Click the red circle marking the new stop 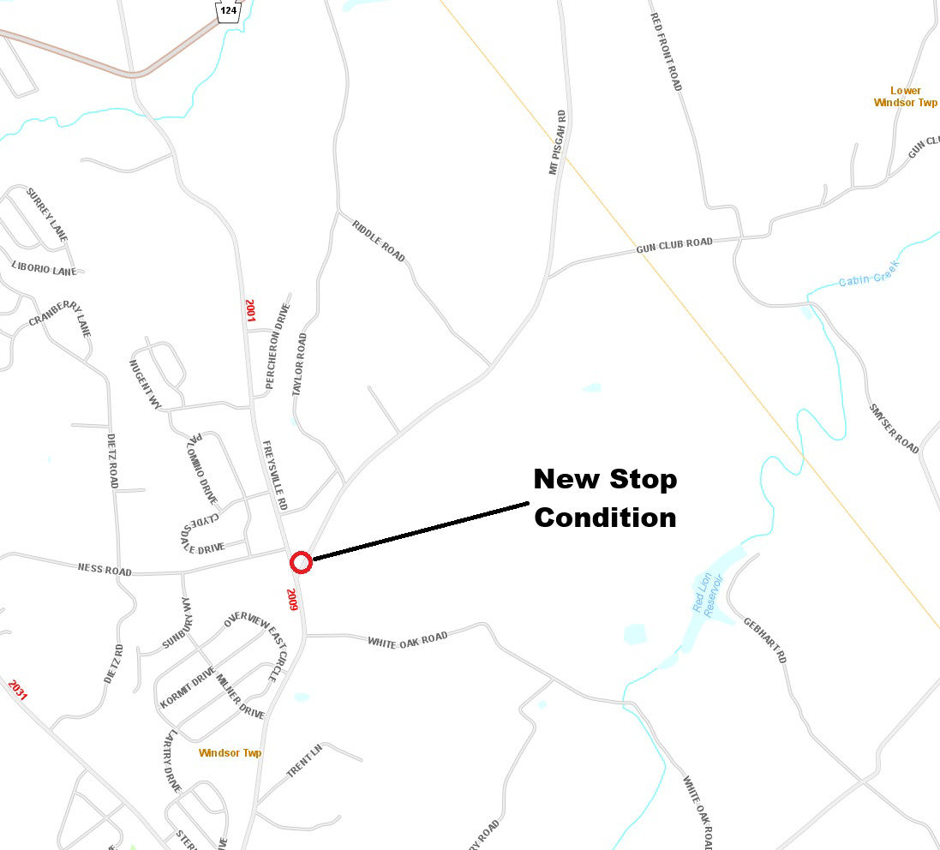[300, 563]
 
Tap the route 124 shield [228, 10]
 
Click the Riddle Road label [378, 240]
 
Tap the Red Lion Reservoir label [709, 594]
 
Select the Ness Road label [105, 569]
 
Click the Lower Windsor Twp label [905, 96]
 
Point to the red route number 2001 [250, 309]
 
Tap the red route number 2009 [292, 600]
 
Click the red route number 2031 [17, 689]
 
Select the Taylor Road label [299, 364]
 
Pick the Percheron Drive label [278, 346]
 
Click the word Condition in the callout [605, 518]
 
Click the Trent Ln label [304, 761]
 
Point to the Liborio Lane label [44, 269]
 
